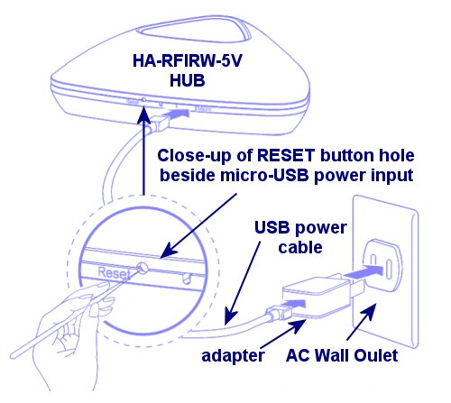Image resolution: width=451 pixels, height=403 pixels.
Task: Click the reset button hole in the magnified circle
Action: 143,266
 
